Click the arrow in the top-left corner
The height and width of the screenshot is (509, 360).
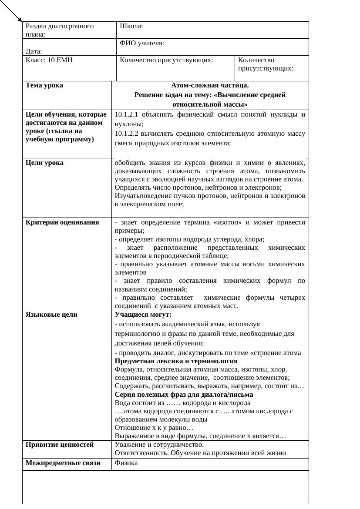coord(11,11)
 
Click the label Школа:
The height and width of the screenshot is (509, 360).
coord(131,26)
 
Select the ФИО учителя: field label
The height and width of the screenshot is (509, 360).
coord(142,43)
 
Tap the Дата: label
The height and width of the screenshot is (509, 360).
coord(34,51)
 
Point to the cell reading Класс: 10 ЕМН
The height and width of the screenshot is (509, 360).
coord(49,60)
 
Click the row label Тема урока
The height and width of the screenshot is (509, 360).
coord(44,86)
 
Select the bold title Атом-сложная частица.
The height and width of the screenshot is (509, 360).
coord(210,86)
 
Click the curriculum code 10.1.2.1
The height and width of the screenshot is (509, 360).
coord(127,115)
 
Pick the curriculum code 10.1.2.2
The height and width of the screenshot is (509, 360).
coord(127,134)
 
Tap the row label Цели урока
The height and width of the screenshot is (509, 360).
coord(44,163)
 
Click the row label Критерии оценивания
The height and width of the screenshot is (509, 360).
coord(62,223)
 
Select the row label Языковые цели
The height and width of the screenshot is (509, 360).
coord(51,315)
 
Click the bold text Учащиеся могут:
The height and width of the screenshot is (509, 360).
coord(143,315)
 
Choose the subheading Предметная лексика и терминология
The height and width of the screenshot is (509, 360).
coord(176,361)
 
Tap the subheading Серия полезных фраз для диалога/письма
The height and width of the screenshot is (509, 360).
coord(184,395)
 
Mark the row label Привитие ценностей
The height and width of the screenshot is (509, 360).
coord(60,445)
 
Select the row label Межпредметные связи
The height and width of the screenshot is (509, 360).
coord(63,463)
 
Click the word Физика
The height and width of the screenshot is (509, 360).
coord(126,463)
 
